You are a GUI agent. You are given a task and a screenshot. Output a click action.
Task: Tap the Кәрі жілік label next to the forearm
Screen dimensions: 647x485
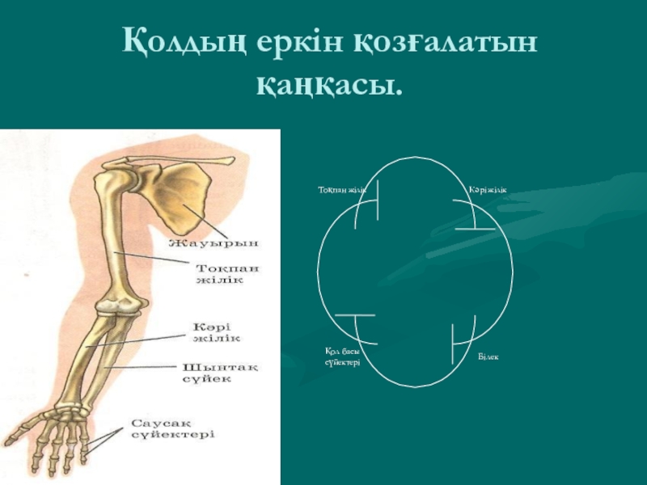[216, 332]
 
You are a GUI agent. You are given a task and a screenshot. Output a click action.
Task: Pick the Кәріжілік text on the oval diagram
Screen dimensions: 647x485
[488, 190]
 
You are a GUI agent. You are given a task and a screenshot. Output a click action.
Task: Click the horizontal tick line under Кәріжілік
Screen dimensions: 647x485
[475, 229]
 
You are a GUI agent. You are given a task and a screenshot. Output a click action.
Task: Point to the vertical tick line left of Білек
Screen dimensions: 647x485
[452, 340]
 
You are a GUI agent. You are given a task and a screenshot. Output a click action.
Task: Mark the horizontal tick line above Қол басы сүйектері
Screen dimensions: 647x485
[355, 314]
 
